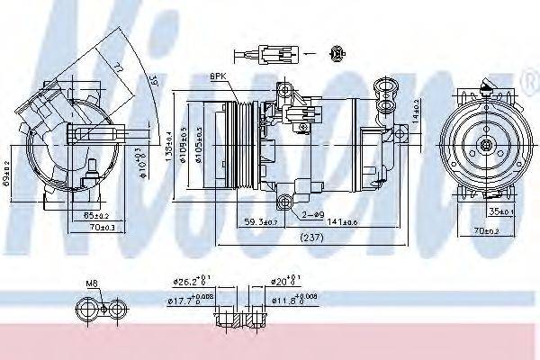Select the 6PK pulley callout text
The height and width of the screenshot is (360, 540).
click(x=219, y=76)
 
